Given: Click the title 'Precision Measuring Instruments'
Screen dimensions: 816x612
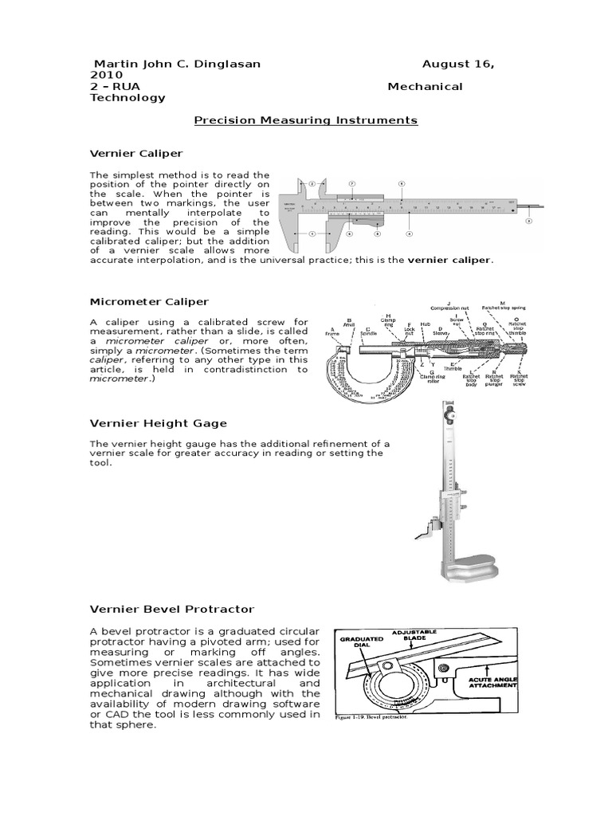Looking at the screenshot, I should pos(306,120).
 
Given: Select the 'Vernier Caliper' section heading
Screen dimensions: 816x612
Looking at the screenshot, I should pos(136,152).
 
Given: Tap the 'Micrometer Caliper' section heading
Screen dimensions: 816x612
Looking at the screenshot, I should pos(149,301).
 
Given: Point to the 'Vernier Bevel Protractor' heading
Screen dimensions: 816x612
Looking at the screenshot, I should pos(171,609).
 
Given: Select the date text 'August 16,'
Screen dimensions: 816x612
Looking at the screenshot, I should pos(457,64).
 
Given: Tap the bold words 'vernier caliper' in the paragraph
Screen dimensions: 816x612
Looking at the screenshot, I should pos(449,260).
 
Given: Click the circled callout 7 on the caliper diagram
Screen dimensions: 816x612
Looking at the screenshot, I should pos(352,182).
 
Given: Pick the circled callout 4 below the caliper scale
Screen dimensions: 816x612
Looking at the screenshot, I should pos(409,234).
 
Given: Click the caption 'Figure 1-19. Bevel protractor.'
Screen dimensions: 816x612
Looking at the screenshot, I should pos(374,717).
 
